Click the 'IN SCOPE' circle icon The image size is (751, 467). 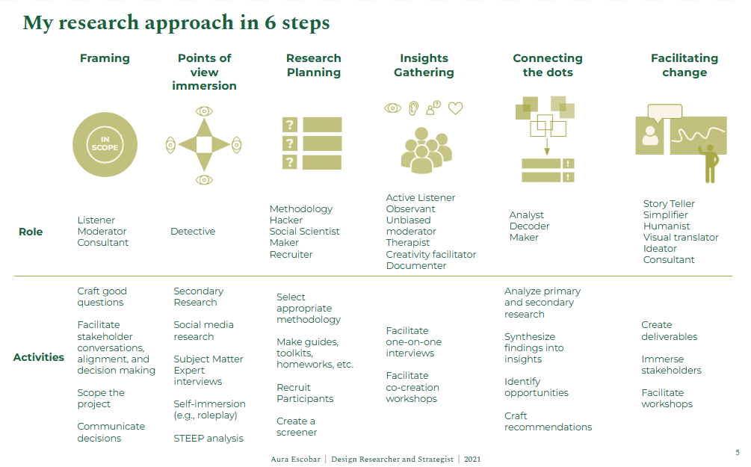[105, 145]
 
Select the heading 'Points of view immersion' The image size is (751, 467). [204, 72]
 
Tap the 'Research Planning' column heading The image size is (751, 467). [313, 65]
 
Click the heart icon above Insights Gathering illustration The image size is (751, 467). [455, 108]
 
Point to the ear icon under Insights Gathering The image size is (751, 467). [413, 108]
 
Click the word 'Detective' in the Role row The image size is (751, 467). [193, 232]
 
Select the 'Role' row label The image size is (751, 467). [31, 232]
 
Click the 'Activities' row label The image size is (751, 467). [39, 357]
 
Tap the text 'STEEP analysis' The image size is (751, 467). [208, 438]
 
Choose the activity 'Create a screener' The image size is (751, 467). [297, 427]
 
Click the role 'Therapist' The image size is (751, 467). [408, 243]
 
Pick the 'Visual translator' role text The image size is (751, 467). [681, 238]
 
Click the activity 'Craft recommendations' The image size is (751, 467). [548, 421]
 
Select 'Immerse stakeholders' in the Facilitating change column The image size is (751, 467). [671, 365]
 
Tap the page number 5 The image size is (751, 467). [738, 453]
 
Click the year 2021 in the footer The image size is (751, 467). [472, 459]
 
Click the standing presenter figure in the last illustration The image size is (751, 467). [708, 163]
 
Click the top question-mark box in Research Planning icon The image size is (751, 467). [291, 125]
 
